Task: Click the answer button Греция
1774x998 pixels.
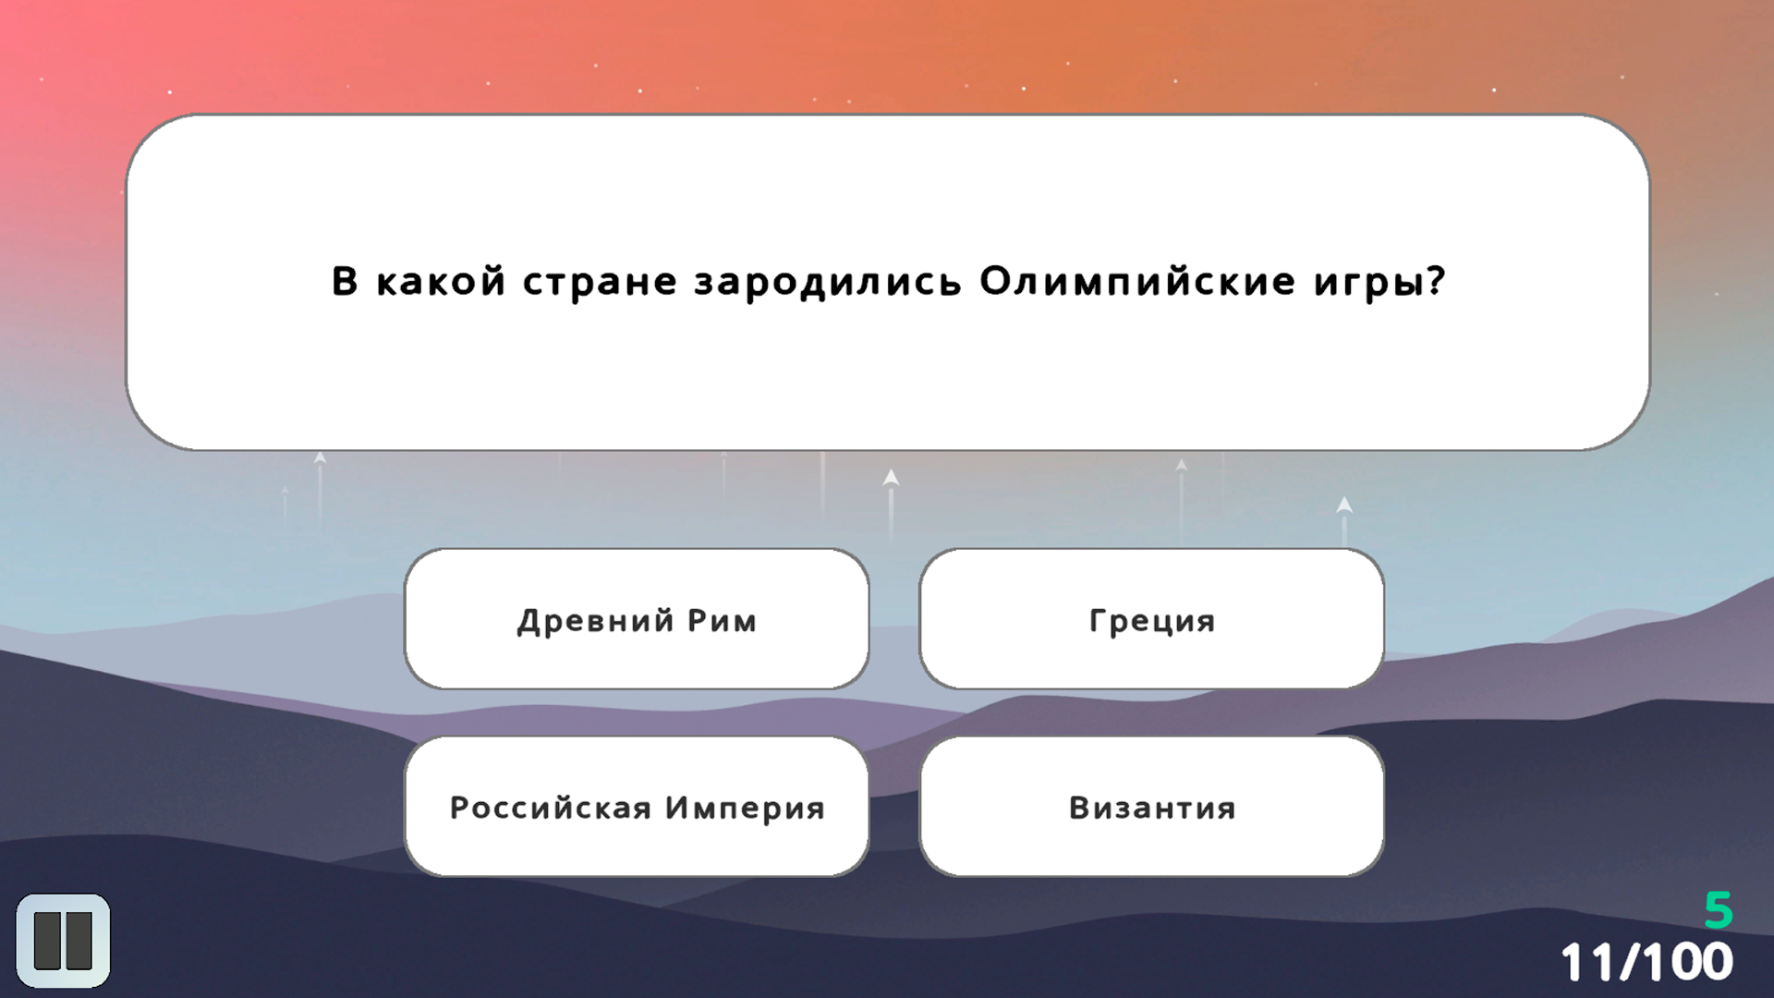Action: coord(1151,619)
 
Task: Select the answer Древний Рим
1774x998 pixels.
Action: coord(637,619)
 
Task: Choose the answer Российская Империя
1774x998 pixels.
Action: coord(637,807)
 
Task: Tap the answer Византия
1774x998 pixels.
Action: coord(1151,807)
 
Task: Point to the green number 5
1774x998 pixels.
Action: coord(1718,910)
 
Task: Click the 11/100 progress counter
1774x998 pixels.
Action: coord(1646,962)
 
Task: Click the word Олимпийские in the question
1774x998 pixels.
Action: coord(1137,281)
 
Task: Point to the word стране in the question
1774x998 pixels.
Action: coord(600,281)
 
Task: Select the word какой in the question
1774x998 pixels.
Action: coord(441,281)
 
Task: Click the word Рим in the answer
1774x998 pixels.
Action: coord(722,620)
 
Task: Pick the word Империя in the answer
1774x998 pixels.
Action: coord(745,808)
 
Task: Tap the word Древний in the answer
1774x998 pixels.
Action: coord(596,620)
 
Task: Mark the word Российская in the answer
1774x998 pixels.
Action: coord(551,808)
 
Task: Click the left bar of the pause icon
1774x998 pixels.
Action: coord(47,941)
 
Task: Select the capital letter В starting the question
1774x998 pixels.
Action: coord(345,281)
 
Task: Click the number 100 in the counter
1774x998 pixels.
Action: coord(1686,962)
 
